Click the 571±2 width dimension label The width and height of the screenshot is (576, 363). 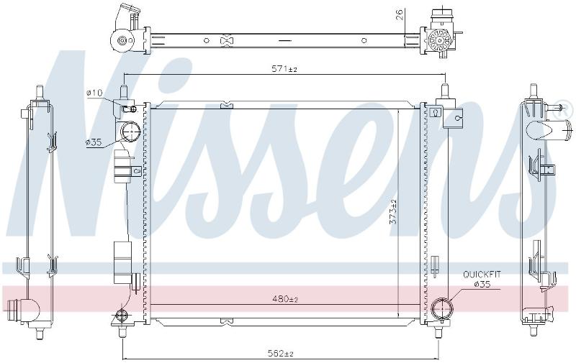(x=284, y=68)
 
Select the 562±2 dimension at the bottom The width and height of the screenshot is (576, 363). (x=281, y=354)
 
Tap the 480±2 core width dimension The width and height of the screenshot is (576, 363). (x=285, y=299)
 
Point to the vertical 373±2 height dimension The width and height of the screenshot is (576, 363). (x=393, y=211)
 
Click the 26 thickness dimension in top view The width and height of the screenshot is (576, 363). (x=400, y=14)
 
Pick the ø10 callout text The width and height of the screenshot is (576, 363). (x=94, y=93)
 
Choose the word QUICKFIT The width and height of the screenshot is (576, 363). (x=482, y=275)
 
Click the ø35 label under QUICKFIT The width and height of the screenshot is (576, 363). (x=482, y=284)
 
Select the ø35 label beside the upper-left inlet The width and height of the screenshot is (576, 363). (x=94, y=142)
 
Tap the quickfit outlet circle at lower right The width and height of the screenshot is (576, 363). (x=442, y=308)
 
